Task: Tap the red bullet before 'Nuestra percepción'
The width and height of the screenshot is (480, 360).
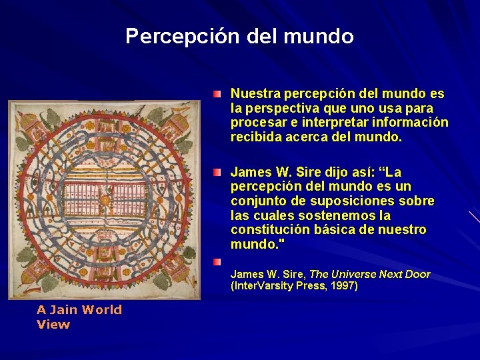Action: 218,93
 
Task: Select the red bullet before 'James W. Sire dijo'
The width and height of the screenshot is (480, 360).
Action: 218,172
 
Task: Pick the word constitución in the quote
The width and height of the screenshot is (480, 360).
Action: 267,230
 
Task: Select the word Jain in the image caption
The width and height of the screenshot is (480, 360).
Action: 64,310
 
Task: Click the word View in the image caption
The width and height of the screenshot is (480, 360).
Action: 53,325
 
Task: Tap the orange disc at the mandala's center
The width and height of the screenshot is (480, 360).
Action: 104,200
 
